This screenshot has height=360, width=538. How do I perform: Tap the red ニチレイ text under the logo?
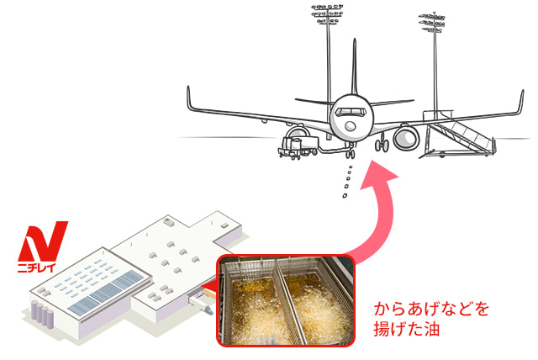click(x=43, y=269)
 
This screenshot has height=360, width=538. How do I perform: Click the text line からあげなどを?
click(x=431, y=310)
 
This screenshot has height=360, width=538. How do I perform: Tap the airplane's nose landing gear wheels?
click(x=353, y=155)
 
